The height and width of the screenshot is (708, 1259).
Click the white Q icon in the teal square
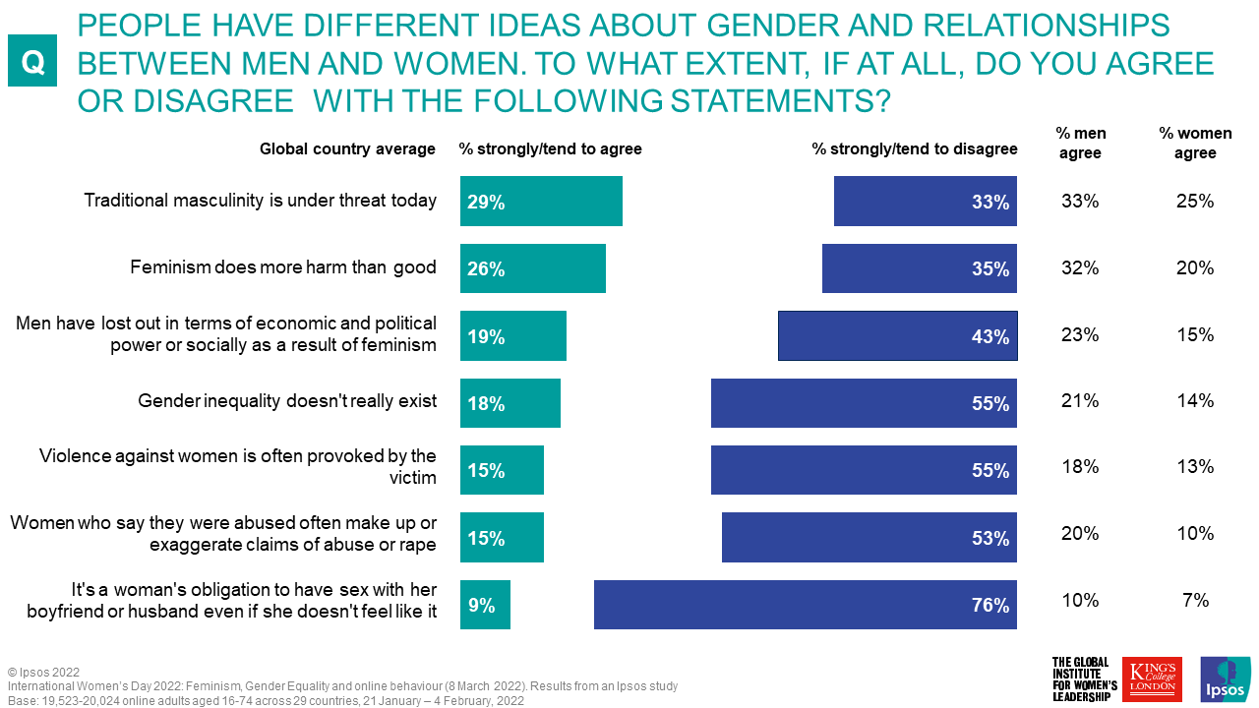(32, 62)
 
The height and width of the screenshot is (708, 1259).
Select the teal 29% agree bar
(541, 202)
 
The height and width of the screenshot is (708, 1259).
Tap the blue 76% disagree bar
(805, 605)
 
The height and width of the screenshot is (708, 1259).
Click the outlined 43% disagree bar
(897, 336)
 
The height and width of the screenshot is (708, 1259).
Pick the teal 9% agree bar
(485, 605)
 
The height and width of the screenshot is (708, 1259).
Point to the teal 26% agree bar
(532, 268)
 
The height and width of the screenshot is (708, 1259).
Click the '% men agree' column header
(1079, 144)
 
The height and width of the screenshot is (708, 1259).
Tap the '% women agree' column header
(1194, 144)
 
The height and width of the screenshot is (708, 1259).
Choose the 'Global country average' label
(347, 149)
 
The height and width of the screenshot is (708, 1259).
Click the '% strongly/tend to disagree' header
(914, 149)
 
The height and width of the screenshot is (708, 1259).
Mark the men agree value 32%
(1080, 268)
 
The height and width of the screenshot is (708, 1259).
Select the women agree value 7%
(1195, 600)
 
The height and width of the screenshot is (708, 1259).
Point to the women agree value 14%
(1195, 400)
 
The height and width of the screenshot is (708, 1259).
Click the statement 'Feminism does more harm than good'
(283, 267)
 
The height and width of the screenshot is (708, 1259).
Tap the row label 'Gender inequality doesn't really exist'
(286, 401)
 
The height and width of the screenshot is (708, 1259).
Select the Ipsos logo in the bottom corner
(1225, 679)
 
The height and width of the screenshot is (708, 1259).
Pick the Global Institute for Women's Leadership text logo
(1085, 679)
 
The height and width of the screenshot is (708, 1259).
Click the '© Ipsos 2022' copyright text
(43, 673)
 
